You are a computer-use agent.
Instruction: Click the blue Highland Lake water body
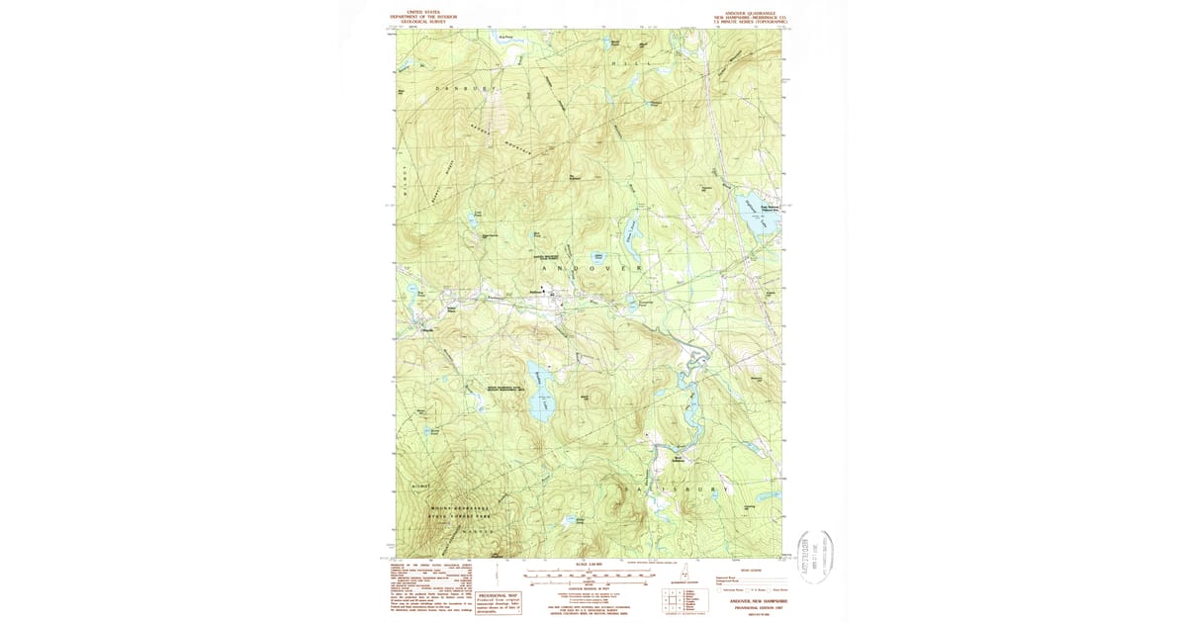pyautogui.click(x=751, y=215)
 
